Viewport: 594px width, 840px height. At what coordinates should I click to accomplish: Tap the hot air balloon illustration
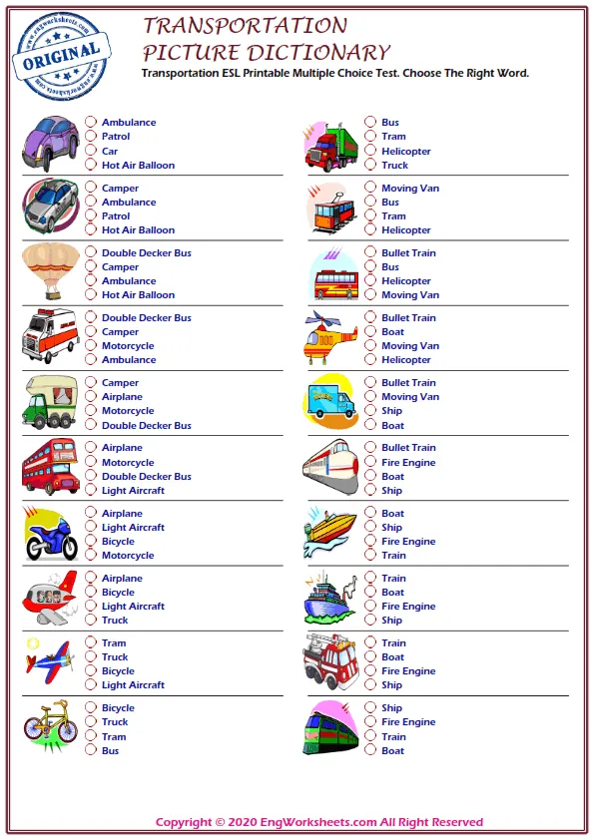coord(49,270)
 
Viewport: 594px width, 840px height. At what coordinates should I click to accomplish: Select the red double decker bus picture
coord(50,466)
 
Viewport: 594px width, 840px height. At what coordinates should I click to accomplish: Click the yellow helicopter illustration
coord(330,338)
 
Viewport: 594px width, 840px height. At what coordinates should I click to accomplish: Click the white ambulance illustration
coord(49,336)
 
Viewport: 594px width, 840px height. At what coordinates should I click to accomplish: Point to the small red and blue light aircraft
coord(48,661)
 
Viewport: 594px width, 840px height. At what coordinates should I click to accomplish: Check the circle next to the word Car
coord(91,151)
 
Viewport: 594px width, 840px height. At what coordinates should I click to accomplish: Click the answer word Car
coord(110,152)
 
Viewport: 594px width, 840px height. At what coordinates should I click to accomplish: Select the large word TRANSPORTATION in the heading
coord(246,26)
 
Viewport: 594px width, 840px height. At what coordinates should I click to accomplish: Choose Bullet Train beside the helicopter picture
coord(408,318)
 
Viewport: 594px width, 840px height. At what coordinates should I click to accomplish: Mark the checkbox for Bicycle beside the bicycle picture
coord(91,707)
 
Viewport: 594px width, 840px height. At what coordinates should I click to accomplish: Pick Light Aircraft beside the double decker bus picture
coord(133,491)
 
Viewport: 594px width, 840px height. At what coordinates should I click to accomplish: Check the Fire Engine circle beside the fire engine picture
coord(370,670)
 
